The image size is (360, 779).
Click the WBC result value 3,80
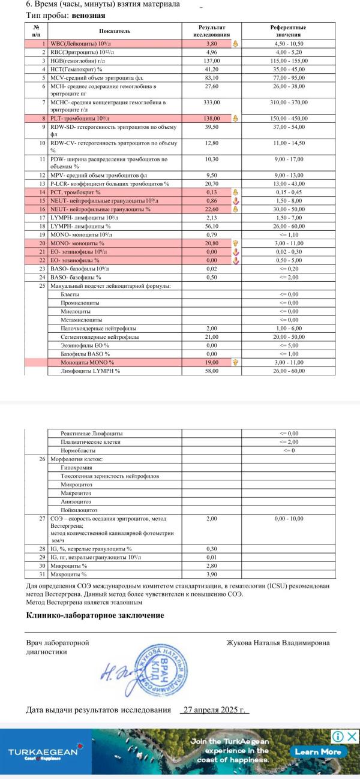tap(211, 44)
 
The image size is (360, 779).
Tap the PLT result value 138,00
tap(211, 119)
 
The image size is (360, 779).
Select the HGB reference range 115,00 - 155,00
tap(288, 61)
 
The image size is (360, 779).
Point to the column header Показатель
tap(115, 31)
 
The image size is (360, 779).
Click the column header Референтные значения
tap(288, 31)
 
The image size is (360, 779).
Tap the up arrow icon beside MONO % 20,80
tap(236, 243)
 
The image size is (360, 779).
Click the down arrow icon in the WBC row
tap(236, 44)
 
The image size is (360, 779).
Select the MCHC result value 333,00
tap(211, 103)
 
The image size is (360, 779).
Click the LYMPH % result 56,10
tap(211, 227)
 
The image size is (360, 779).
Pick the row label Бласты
tap(70, 294)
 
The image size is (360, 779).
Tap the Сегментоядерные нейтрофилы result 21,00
tap(211, 337)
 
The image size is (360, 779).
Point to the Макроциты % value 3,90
tap(211, 574)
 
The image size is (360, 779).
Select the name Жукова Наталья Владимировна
tap(278, 643)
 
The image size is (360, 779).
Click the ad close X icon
tap(352, 736)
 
